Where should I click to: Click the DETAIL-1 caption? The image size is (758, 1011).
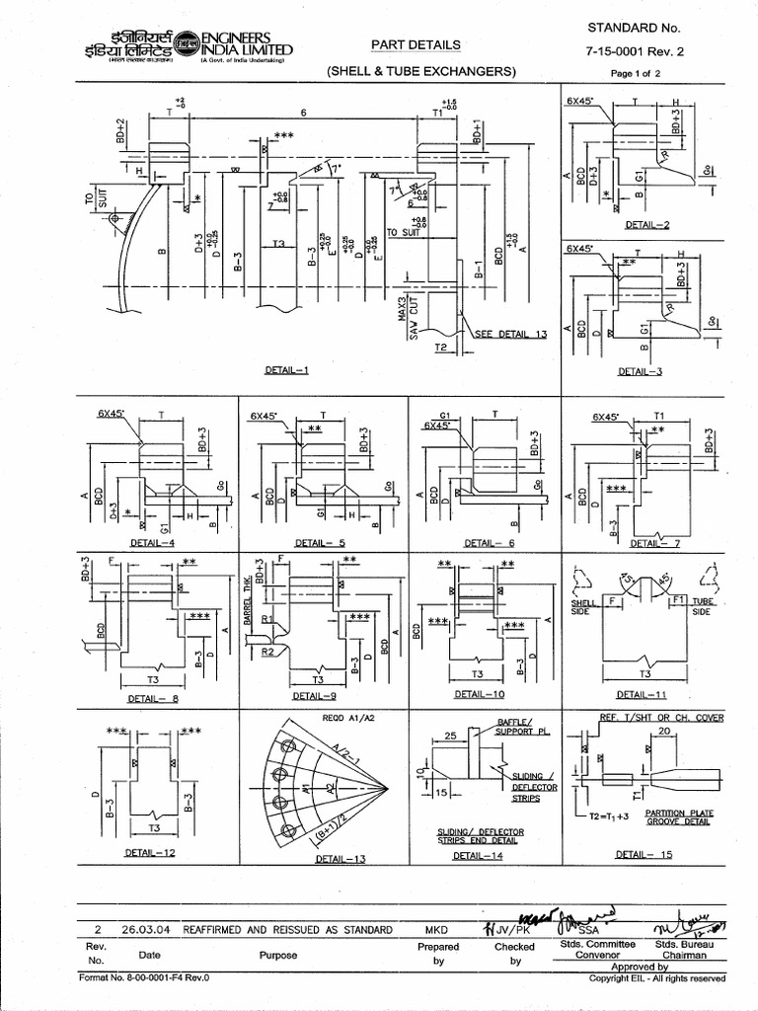tap(287, 370)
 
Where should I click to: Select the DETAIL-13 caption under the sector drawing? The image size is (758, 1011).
tap(340, 860)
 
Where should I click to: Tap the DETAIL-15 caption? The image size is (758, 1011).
tap(644, 855)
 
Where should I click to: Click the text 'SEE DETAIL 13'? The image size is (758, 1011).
tap(510, 335)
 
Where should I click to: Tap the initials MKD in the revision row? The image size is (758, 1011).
tap(437, 930)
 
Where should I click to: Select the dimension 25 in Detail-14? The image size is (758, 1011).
tap(449, 737)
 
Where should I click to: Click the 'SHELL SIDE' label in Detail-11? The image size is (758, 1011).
tap(579, 606)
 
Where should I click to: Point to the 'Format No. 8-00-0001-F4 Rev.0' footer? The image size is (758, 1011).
tap(144, 978)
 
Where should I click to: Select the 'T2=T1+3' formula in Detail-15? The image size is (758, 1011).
tap(610, 817)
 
